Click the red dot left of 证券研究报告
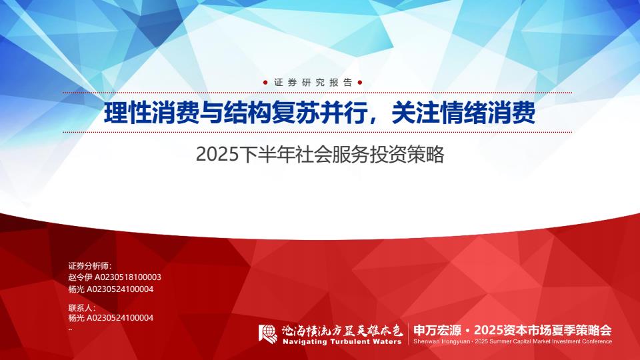pyautogui.click(x=265, y=83)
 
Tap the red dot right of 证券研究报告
pyautogui.click(x=359, y=83)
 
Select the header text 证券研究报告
pyautogui.click(x=313, y=83)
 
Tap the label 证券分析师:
pyautogui.click(x=90, y=266)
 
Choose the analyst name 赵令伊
pyautogui.click(x=81, y=277)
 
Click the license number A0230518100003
pyautogui.click(x=128, y=277)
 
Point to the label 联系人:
pyautogui.click(x=81, y=308)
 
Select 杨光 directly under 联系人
pyautogui.click(x=76, y=318)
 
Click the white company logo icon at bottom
pyautogui.click(x=268, y=334)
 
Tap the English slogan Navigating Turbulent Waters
pyautogui.click(x=342, y=341)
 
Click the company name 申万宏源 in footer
pyautogui.click(x=437, y=330)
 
